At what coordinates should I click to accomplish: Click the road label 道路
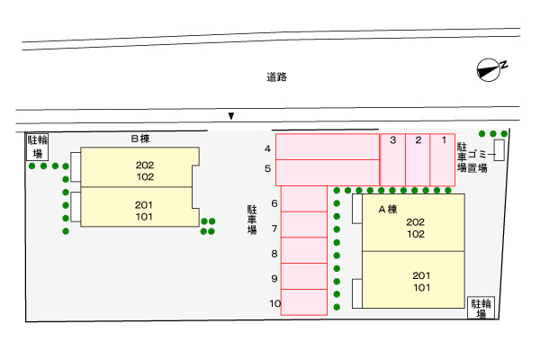276,77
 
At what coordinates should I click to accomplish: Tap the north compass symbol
490,69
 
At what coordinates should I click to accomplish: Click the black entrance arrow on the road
231,115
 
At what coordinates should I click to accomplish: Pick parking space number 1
444,159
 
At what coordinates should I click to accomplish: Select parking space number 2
418,159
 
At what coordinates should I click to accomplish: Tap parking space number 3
393,159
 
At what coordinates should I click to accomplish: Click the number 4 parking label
267,148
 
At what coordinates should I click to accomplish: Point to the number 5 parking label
267,168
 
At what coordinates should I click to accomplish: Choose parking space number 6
303,204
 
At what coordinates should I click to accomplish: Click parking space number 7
303,229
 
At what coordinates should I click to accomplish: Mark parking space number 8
303,254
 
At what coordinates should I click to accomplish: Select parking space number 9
303,279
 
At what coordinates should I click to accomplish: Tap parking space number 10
303,304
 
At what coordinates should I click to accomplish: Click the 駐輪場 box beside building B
37,147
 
